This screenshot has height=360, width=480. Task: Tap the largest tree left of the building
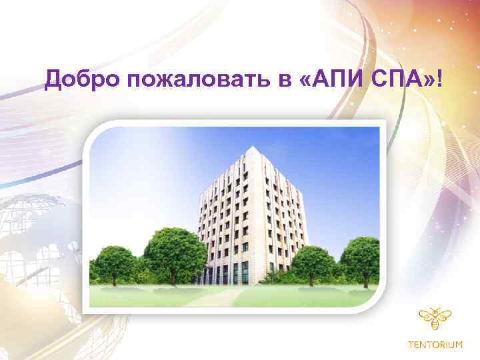tap(175, 252)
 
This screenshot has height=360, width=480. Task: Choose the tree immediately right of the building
tap(313, 261)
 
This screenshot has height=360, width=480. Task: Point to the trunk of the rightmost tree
tap(360, 280)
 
